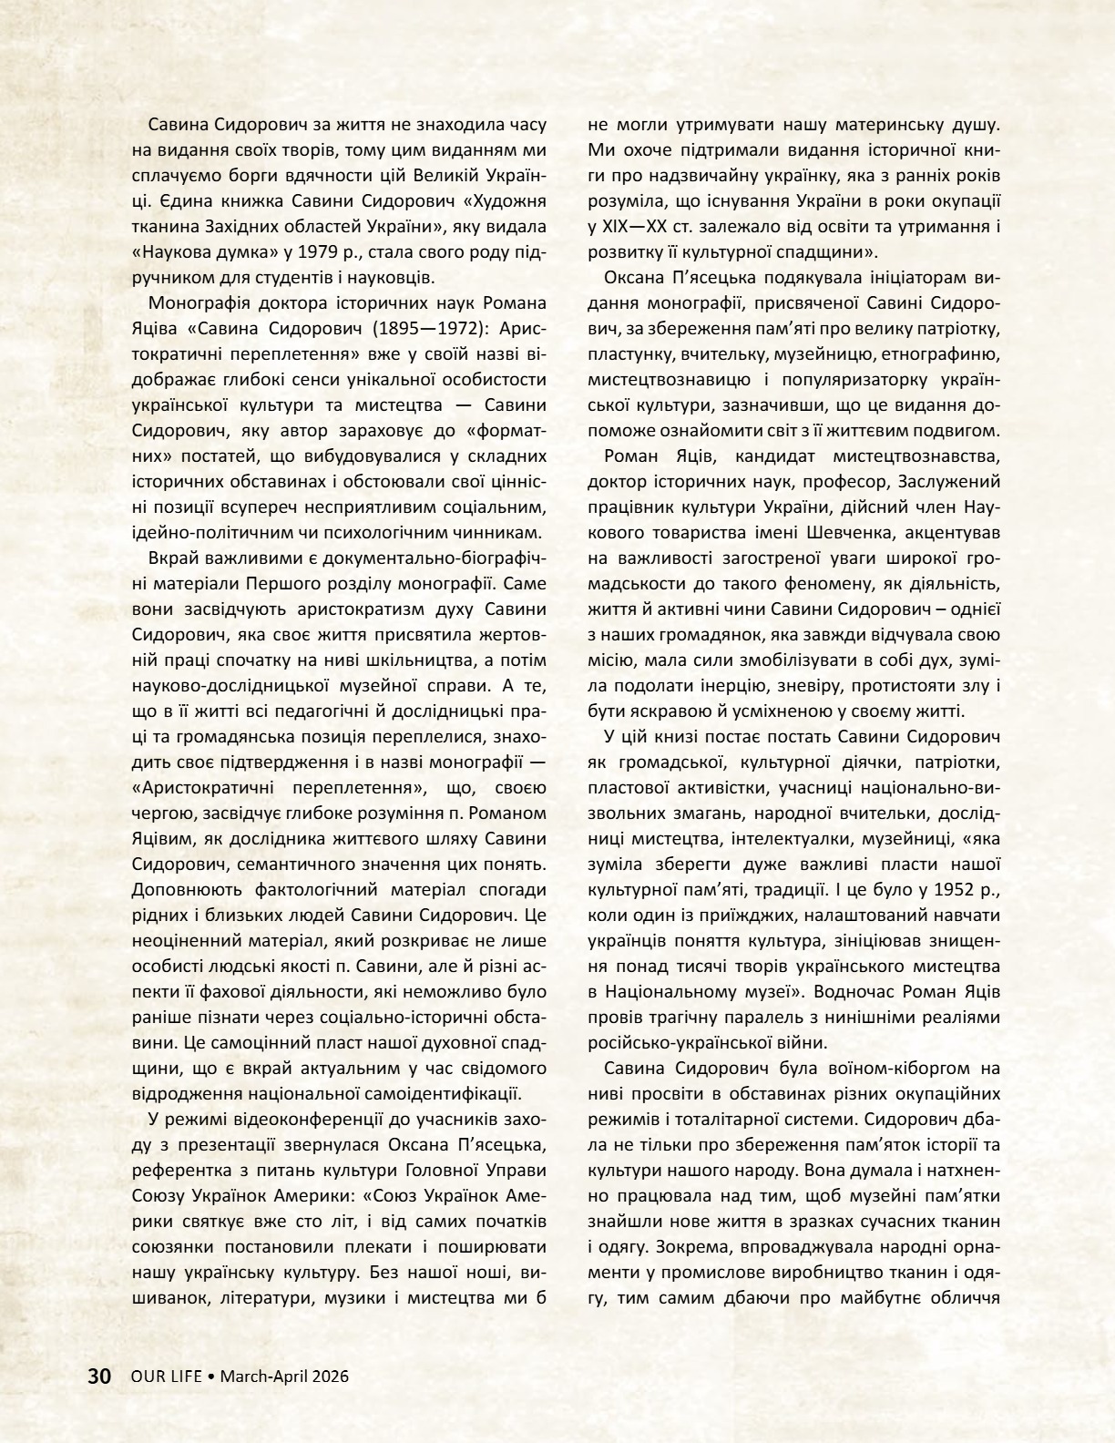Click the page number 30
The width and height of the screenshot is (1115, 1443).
point(98,1376)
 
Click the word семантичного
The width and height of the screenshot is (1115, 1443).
point(300,863)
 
